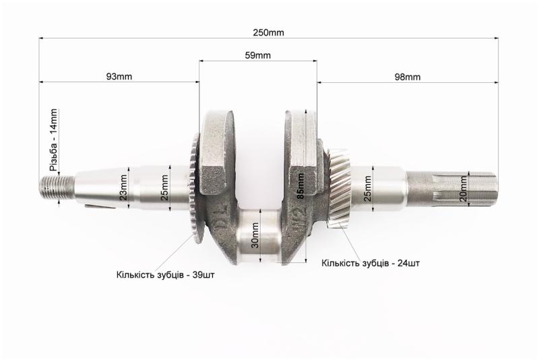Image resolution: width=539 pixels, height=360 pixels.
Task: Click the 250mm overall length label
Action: click(x=268, y=32)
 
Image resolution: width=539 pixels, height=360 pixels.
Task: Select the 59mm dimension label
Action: click(x=258, y=55)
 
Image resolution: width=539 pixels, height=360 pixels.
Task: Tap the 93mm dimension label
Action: click(x=119, y=76)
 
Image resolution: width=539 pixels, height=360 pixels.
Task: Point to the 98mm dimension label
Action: click(x=408, y=77)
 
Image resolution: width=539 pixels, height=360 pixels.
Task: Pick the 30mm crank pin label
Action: click(x=255, y=235)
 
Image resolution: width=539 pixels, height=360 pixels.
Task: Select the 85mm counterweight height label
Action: click(x=300, y=186)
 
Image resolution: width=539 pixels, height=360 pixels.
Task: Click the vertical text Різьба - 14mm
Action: click(x=54, y=140)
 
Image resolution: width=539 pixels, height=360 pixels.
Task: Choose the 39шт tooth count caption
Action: click(x=165, y=275)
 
